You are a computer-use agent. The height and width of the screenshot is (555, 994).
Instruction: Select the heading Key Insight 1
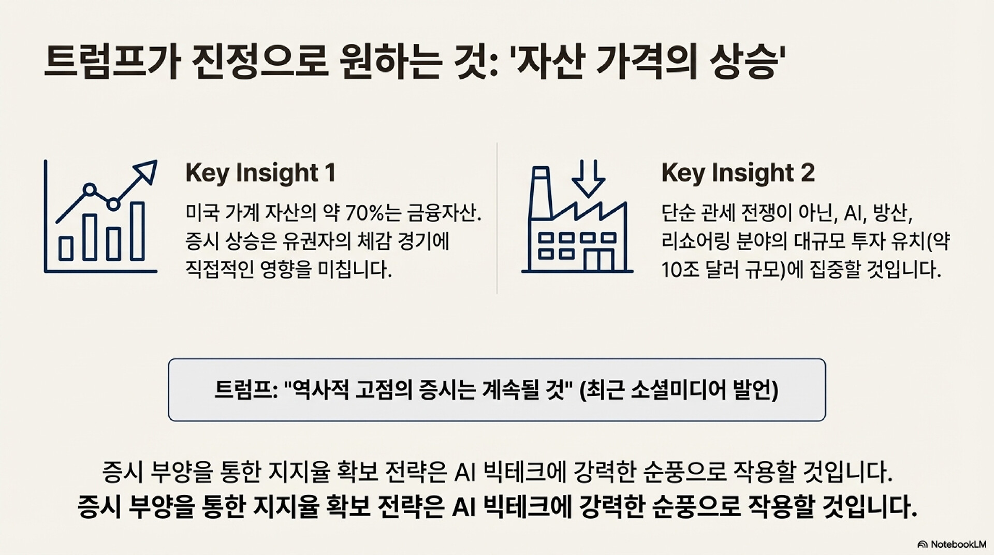point(261,173)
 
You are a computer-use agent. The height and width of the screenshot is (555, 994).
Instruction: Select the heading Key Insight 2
point(738,173)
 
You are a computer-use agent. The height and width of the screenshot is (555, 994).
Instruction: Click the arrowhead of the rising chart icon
point(146,171)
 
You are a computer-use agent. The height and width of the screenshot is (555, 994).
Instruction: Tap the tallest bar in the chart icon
point(137,231)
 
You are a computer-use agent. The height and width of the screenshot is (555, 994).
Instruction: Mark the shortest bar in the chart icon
point(66,248)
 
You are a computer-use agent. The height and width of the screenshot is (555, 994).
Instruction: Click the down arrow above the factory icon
point(588,178)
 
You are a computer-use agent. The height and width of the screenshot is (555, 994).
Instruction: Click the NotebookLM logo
point(952,544)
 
